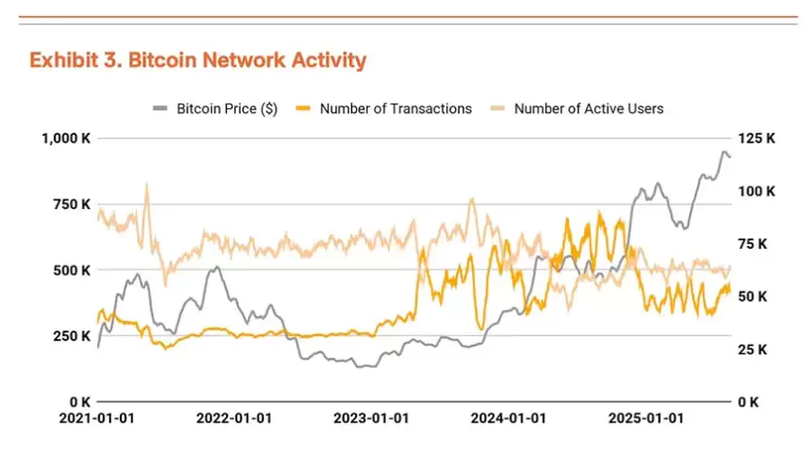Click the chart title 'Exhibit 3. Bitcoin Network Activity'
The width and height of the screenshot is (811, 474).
click(197, 60)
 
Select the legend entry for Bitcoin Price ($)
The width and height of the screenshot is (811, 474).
click(225, 108)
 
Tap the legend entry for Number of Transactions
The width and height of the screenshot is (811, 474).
click(395, 108)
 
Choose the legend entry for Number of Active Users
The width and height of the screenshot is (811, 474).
click(588, 108)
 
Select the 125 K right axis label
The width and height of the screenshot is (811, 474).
click(757, 138)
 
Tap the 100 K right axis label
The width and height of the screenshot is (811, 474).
click(757, 191)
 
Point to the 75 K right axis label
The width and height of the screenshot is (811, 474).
click(753, 243)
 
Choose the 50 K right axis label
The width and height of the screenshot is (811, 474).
click(753, 296)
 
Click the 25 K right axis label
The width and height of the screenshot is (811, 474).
click(753, 349)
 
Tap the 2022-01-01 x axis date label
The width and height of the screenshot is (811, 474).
click(233, 419)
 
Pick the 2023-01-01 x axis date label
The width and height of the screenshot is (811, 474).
click(371, 419)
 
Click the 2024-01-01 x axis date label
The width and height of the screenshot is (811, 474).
click(508, 419)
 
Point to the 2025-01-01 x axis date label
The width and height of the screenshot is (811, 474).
click(645, 419)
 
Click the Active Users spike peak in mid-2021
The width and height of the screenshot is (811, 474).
click(147, 184)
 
